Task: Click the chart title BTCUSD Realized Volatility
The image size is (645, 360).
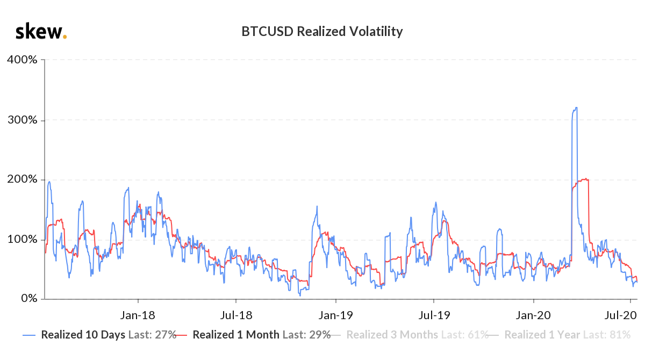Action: [322, 32]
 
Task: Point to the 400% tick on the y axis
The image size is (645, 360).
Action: [22, 60]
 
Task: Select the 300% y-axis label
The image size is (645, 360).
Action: [22, 119]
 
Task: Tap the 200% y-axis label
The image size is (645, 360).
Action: [22, 179]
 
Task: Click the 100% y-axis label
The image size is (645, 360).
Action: [22, 239]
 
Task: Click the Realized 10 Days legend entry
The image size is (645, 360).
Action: [99, 335]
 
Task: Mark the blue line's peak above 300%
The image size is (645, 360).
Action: [576, 107]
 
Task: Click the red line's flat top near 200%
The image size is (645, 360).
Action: [583, 180]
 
